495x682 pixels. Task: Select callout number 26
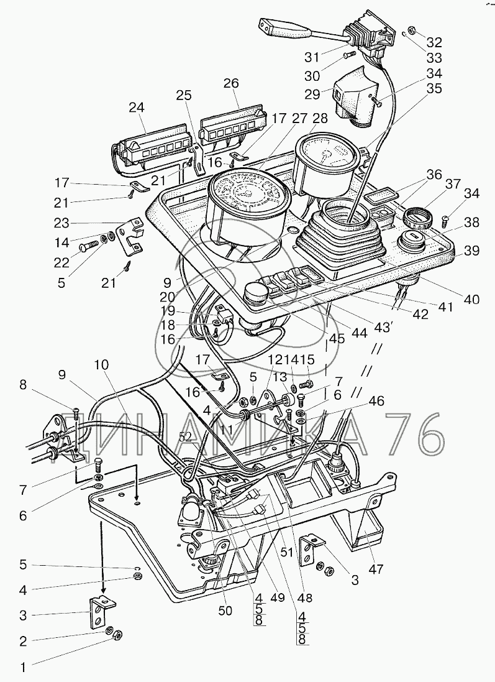click(x=231, y=83)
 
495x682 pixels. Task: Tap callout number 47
click(x=376, y=568)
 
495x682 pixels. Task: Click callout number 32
click(x=434, y=42)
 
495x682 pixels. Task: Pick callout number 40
click(x=471, y=299)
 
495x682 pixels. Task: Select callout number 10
click(x=101, y=364)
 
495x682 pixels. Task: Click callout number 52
click(x=186, y=438)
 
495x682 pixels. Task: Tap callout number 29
click(x=312, y=94)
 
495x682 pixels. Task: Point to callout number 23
click(x=61, y=223)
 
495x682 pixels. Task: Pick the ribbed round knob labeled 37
click(x=417, y=216)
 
